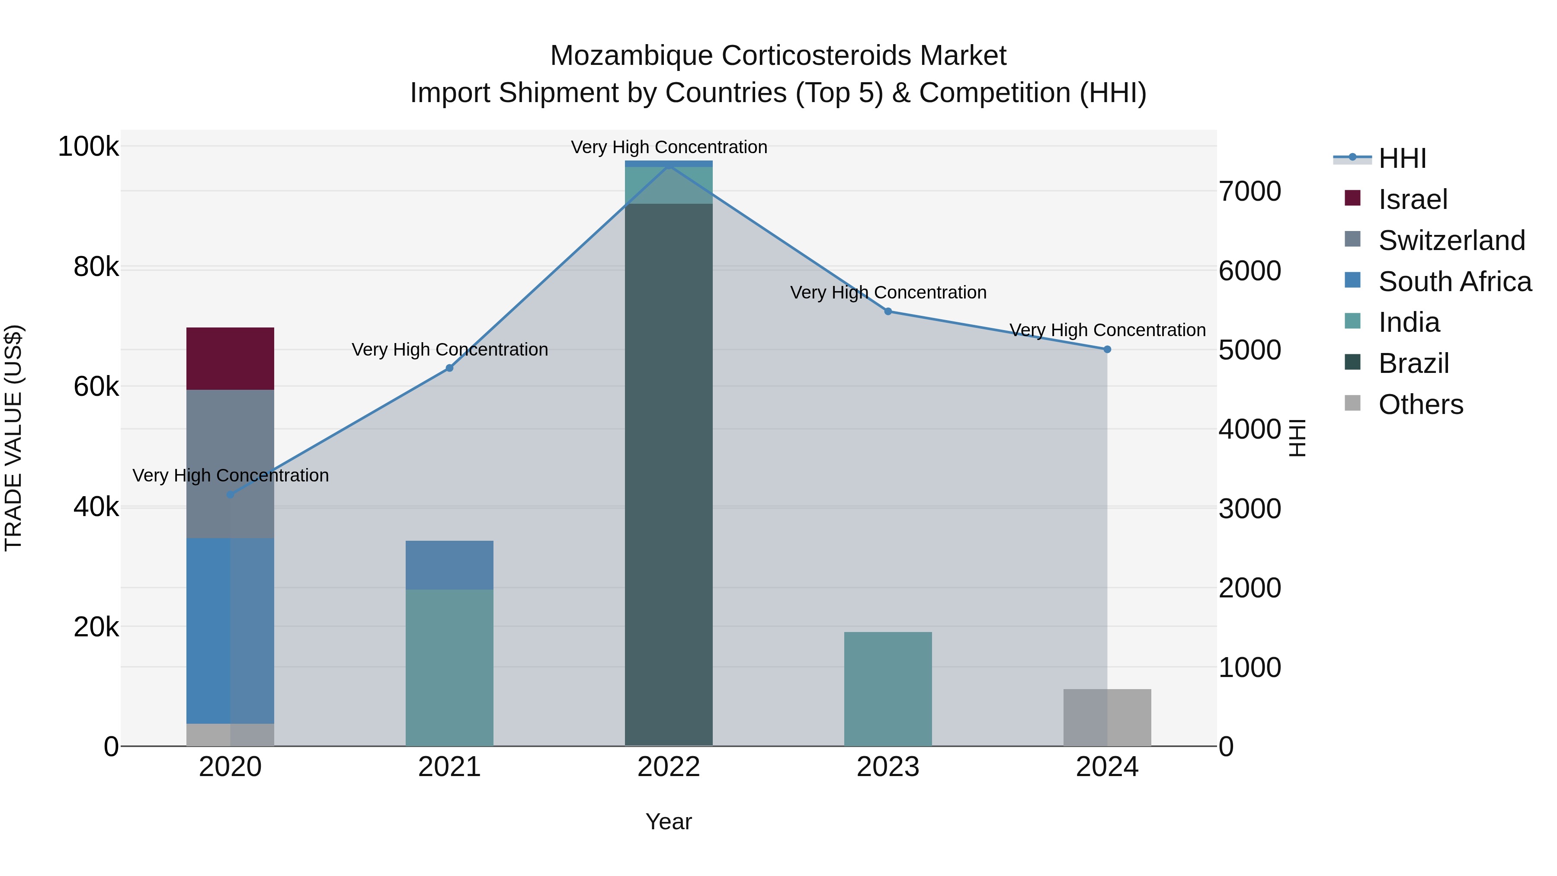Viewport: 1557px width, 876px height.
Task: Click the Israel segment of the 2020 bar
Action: [230, 359]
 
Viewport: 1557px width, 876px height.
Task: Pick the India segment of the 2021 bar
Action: [449, 667]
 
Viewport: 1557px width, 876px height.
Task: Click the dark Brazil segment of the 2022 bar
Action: [669, 475]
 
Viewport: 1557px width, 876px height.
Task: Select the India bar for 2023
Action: [887, 689]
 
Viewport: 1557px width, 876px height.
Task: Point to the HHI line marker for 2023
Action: [888, 311]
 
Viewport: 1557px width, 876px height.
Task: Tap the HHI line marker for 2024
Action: [1107, 350]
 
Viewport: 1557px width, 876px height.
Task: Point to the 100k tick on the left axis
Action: [88, 147]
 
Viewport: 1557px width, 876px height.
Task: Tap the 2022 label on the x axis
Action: [669, 767]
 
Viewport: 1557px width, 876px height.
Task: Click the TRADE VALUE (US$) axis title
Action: [13, 438]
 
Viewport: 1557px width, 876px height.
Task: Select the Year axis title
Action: [669, 821]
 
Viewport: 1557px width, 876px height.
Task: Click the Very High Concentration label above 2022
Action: [669, 147]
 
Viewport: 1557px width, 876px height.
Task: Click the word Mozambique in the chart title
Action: [631, 56]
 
